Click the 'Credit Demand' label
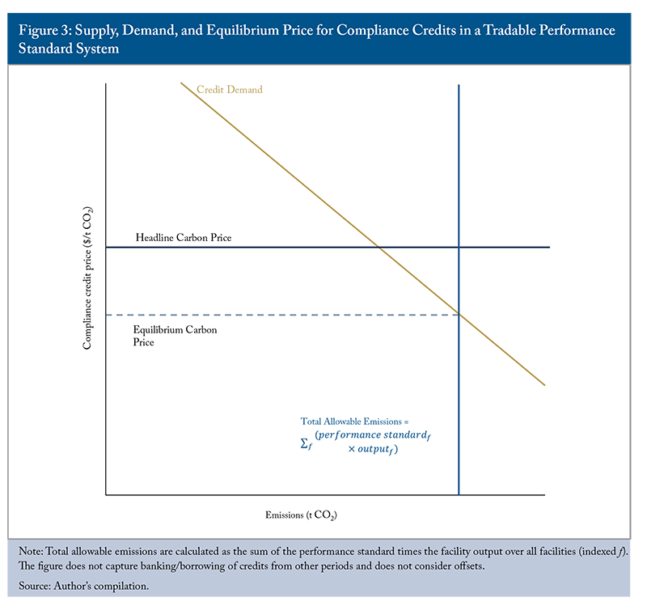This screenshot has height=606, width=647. coord(230,90)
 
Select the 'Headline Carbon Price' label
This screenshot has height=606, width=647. coord(184,238)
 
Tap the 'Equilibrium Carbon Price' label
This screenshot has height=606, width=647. coord(175,336)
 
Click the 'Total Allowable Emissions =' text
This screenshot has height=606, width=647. coord(356,422)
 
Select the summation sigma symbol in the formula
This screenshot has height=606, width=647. coord(306,443)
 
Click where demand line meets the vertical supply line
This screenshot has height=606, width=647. coord(459,314)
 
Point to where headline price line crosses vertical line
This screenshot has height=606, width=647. coord(459,247)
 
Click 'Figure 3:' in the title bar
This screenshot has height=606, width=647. coord(41,31)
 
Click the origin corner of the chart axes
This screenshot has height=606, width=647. coord(106,494)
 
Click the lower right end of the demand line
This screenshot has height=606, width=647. coord(544,384)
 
